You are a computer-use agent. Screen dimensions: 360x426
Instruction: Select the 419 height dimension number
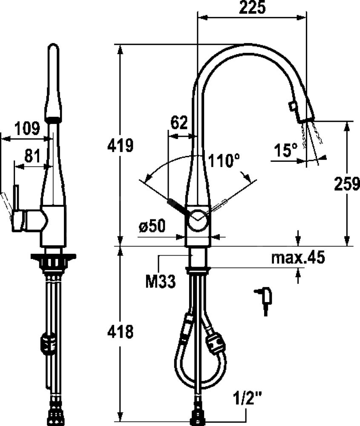[x=121, y=146]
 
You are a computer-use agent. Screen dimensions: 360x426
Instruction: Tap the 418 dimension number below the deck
[x=121, y=332]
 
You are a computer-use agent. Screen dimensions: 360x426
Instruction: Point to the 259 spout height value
[x=347, y=184]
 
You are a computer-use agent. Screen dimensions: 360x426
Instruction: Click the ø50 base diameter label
[x=152, y=226]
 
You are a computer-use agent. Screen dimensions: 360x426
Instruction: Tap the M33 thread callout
[x=161, y=282]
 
